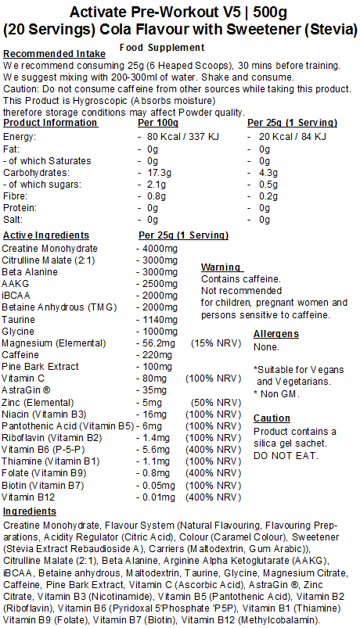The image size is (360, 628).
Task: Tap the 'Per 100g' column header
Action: point(159,123)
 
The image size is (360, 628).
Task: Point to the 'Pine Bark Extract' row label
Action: point(39,367)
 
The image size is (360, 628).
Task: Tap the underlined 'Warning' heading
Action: point(221,267)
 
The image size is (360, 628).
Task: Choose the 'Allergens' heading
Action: point(277,334)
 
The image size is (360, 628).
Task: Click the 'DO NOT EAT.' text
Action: point(283,455)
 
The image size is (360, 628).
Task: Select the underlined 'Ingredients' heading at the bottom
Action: point(30,511)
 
